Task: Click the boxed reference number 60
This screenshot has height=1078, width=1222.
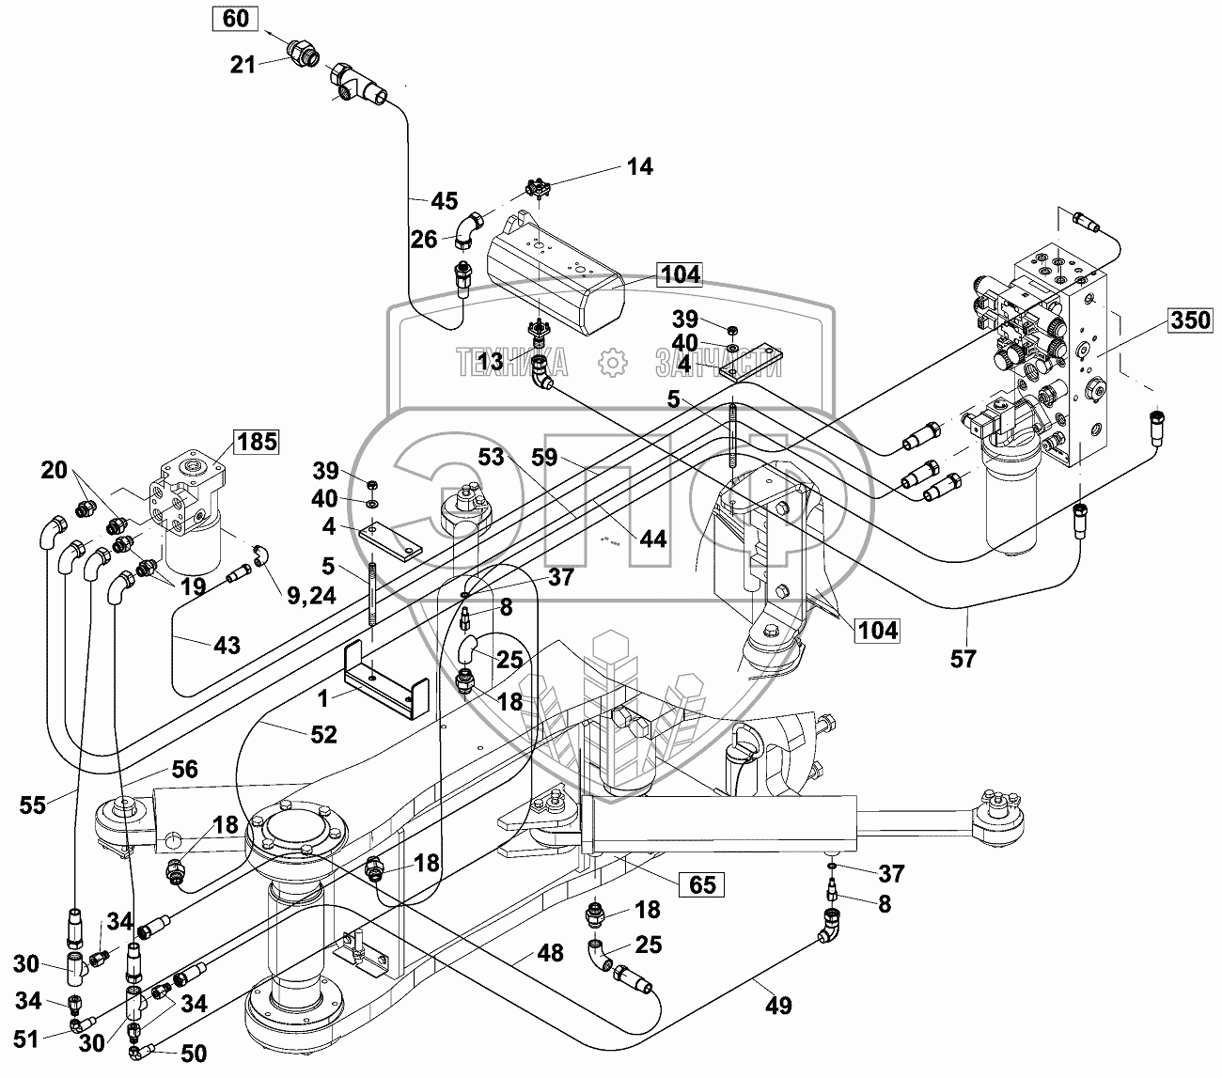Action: pyautogui.click(x=237, y=19)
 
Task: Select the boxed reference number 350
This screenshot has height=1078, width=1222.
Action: pyautogui.click(x=1189, y=320)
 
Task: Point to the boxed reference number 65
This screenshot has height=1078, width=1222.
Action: pyautogui.click(x=702, y=884)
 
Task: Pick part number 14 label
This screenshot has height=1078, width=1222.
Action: pyautogui.click(x=639, y=167)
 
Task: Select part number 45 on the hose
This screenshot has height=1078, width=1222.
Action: pyautogui.click(x=444, y=200)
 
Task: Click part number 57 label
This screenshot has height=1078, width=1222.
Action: pyautogui.click(x=963, y=659)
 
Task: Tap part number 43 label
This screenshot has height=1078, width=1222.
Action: pyautogui.click(x=227, y=646)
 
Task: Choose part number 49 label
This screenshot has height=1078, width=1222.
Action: pyautogui.click(x=777, y=1007)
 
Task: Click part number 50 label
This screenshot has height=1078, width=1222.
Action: pyautogui.click(x=194, y=1055)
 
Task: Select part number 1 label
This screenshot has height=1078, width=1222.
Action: pyautogui.click(x=323, y=698)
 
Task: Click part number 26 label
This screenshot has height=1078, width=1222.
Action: pyautogui.click(x=424, y=240)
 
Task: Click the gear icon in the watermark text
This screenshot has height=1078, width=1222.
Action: pyautogui.click(x=611, y=362)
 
